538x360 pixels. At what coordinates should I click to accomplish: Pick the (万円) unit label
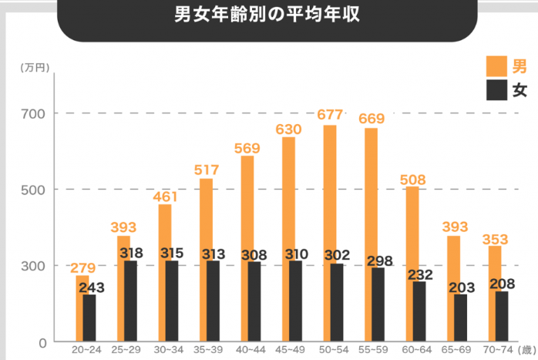pyautogui.click(x=35, y=67)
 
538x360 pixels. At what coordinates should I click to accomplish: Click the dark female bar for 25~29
pyautogui.click(x=131, y=301)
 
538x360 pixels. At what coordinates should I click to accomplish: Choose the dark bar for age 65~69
pyautogui.click(x=460, y=317)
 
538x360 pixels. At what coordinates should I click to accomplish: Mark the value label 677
pyautogui.click(x=330, y=115)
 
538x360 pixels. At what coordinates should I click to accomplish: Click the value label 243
pyautogui.click(x=90, y=287)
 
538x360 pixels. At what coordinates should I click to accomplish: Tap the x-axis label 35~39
pyautogui.click(x=207, y=349)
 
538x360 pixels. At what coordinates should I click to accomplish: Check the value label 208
pyautogui.click(x=502, y=283)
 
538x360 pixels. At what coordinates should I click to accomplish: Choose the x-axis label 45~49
pyautogui.click(x=288, y=349)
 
